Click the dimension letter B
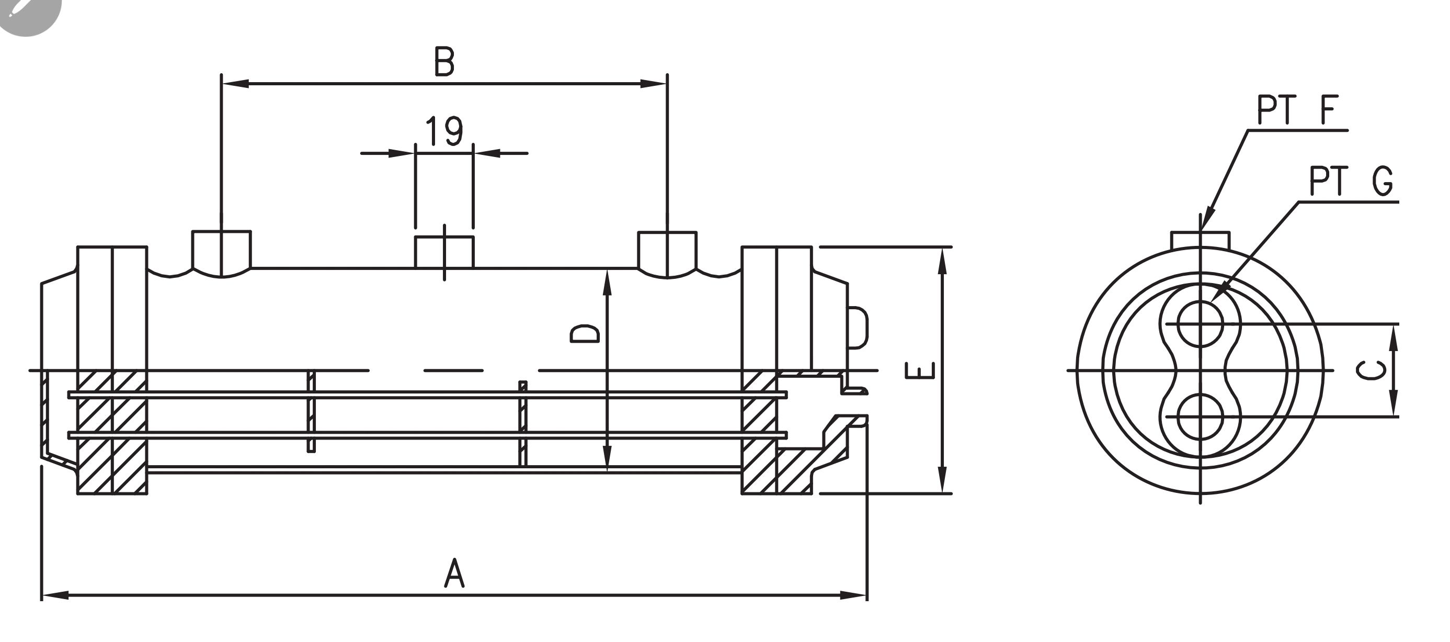(x=444, y=62)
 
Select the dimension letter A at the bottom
(x=454, y=574)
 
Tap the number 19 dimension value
(x=443, y=131)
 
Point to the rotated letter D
(x=584, y=333)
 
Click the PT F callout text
(x=1297, y=110)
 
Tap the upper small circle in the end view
(x=1200, y=324)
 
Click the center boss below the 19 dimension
(x=444, y=252)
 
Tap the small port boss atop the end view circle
(x=1200, y=239)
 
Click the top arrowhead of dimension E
(x=944, y=260)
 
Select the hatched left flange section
(x=112, y=433)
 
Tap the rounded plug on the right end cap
(x=858, y=327)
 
